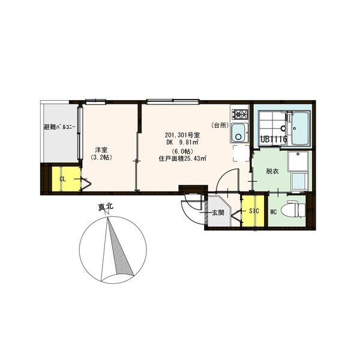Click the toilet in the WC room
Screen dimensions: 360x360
(x=296, y=209)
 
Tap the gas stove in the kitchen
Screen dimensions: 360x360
(x=240, y=114)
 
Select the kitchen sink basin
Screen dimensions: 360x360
(x=239, y=133)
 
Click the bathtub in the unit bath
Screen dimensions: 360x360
(x=301, y=128)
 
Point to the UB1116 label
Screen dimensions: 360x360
(x=274, y=139)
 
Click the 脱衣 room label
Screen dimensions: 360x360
(x=272, y=171)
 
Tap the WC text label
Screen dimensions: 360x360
(x=274, y=212)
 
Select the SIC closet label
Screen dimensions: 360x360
(x=254, y=211)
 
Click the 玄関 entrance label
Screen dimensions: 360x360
(x=218, y=213)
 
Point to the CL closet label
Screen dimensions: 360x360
(x=62, y=179)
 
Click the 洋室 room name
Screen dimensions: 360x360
(x=101, y=150)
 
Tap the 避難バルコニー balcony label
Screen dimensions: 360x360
(x=59, y=127)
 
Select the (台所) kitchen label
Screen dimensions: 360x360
(x=220, y=125)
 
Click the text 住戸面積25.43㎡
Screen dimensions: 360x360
(x=182, y=158)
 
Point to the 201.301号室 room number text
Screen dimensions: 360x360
(x=182, y=135)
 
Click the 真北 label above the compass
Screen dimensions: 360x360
(x=106, y=207)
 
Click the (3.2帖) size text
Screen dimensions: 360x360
(x=101, y=157)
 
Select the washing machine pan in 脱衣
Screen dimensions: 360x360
(x=298, y=161)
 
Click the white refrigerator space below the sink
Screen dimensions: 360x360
(x=241, y=154)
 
